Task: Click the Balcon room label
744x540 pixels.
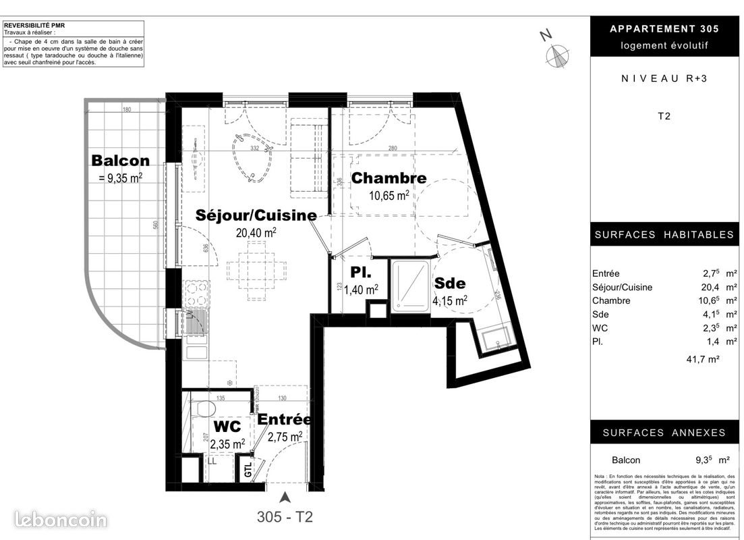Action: coord(121,161)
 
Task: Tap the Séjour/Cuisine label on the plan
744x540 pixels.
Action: coord(256,215)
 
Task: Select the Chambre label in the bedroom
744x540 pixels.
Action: coord(389,178)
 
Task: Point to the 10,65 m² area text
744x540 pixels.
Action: coord(389,196)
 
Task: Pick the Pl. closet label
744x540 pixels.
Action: coord(357,273)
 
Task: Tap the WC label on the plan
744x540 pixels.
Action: coord(226,427)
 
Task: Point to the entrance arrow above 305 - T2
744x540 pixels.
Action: coord(285,498)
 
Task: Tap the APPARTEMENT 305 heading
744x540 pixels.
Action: coord(664,28)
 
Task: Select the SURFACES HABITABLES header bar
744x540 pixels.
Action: coord(664,235)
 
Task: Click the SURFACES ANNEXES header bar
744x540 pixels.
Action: coord(664,433)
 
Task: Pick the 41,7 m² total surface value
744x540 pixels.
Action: coord(702,360)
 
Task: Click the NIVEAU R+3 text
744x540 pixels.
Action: coord(664,78)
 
